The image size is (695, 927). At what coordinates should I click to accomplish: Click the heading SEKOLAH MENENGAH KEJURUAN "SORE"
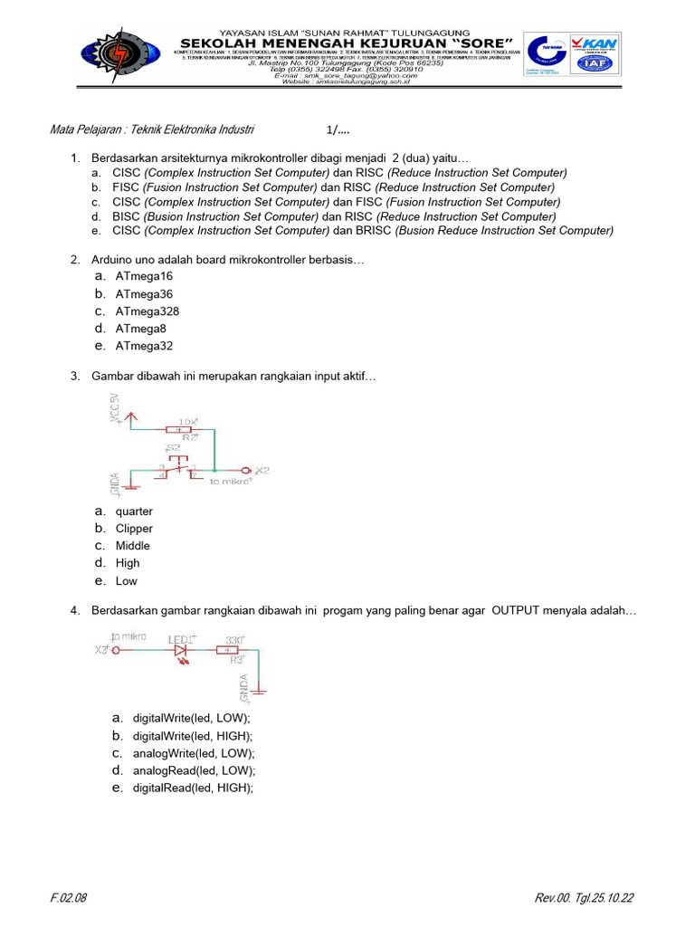click(x=347, y=43)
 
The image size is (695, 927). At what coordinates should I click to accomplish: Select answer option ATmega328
click(x=147, y=311)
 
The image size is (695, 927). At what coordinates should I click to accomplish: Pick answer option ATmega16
click(x=144, y=276)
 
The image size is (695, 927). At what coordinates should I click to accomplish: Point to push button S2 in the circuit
click(x=178, y=463)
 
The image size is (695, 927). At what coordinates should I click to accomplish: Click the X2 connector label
click(x=262, y=471)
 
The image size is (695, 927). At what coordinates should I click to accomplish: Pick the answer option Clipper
click(x=134, y=529)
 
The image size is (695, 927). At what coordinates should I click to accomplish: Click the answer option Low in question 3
click(x=127, y=581)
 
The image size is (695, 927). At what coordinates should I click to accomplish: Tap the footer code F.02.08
click(x=69, y=898)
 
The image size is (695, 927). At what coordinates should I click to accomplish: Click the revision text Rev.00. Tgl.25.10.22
click(x=584, y=898)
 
